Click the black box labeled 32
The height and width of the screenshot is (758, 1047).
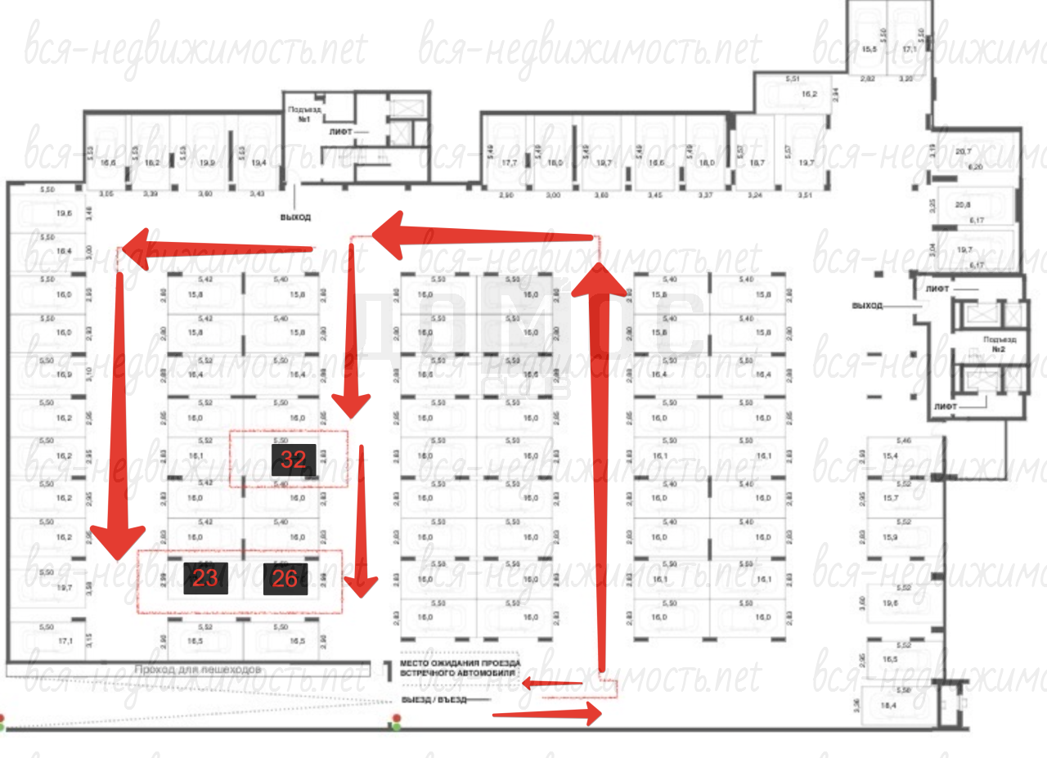pyautogui.click(x=294, y=460)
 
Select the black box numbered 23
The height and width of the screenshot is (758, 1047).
pyautogui.click(x=206, y=578)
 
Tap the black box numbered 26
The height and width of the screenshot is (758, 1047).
pyautogui.click(x=285, y=578)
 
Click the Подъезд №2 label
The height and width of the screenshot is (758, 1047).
pyautogui.click(x=1000, y=342)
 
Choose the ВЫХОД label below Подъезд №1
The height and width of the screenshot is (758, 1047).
pyautogui.click(x=294, y=218)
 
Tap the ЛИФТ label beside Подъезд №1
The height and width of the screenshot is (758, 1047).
pyautogui.click(x=342, y=131)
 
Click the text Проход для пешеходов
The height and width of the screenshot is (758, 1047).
pyautogui.click(x=197, y=669)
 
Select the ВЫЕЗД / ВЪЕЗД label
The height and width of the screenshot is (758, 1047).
pyautogui.click(x=434, y=700)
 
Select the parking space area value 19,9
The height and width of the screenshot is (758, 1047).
pyautogui.click(x=206, y=163)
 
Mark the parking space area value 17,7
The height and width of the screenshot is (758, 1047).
pyautogui.click(x=510, y=163)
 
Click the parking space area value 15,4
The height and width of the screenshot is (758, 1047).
pyautogui.click(x=890, y=455)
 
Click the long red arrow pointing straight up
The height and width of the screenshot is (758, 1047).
pyautogui.click(x=601, y=466)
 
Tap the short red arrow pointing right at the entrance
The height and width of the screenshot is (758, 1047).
pyautogui.click(x=548, y=713)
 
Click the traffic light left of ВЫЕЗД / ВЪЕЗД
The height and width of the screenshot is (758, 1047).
pyautogui.click(x=397, y=722)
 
